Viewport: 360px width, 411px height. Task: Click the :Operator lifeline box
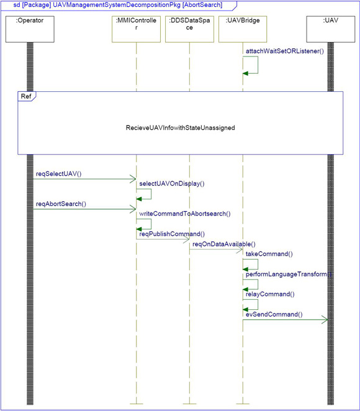coord(30,29)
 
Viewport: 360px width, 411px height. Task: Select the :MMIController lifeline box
coord(137,29)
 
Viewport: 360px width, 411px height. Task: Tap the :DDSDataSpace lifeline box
coord(189,29)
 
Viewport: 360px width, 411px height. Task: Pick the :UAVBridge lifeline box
coord(243,29)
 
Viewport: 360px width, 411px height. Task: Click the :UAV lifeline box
coord(331,29)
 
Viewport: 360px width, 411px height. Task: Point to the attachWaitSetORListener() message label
coord(285,51)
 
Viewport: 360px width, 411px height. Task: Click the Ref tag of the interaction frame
coord(26,96)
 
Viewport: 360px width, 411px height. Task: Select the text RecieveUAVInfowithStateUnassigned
coord(180,128)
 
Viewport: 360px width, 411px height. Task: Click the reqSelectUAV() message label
coord(59,174)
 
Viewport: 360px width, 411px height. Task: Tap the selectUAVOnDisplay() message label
coord(172,184)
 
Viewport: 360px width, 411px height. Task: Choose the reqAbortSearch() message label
coord(61,204)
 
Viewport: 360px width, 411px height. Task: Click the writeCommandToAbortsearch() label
coord(185,214)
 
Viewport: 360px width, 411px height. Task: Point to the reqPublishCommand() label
coord(172,234)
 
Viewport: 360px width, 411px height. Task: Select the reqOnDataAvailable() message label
coord(224,244)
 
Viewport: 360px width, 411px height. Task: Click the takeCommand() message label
coord(269,254)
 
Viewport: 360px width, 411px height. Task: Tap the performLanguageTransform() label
coord(289,274)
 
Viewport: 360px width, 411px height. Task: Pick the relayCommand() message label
coord(270,294)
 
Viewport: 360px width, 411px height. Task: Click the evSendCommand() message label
coord(274,314)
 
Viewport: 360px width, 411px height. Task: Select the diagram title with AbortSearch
coord(118,5)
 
